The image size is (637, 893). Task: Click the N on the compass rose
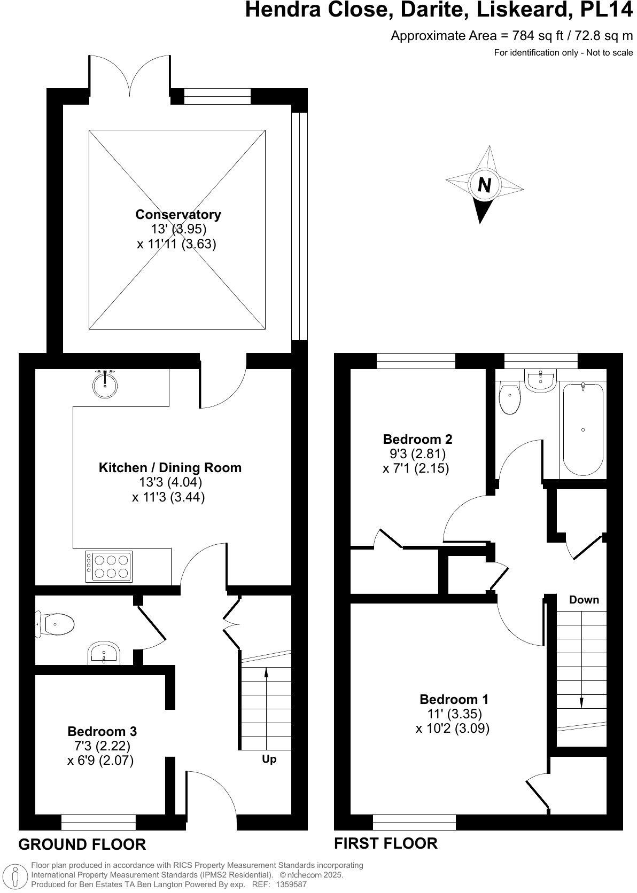pos(484,185)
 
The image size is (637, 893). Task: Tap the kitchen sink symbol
pos(105,384)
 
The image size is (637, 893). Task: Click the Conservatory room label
pos(178,215)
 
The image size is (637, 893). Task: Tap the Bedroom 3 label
pos(102,731)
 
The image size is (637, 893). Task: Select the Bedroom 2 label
pos(417,439)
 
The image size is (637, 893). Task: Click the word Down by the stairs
pos(584,600)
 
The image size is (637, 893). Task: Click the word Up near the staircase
pos(269,759)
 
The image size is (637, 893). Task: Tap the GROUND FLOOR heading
pos(82,844)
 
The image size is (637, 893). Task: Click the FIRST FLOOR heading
pos(385,843)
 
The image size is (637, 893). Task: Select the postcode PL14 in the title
pos(608,10)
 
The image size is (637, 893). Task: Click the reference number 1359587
pos(291,884)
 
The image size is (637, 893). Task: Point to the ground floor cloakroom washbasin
pos(104,654)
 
